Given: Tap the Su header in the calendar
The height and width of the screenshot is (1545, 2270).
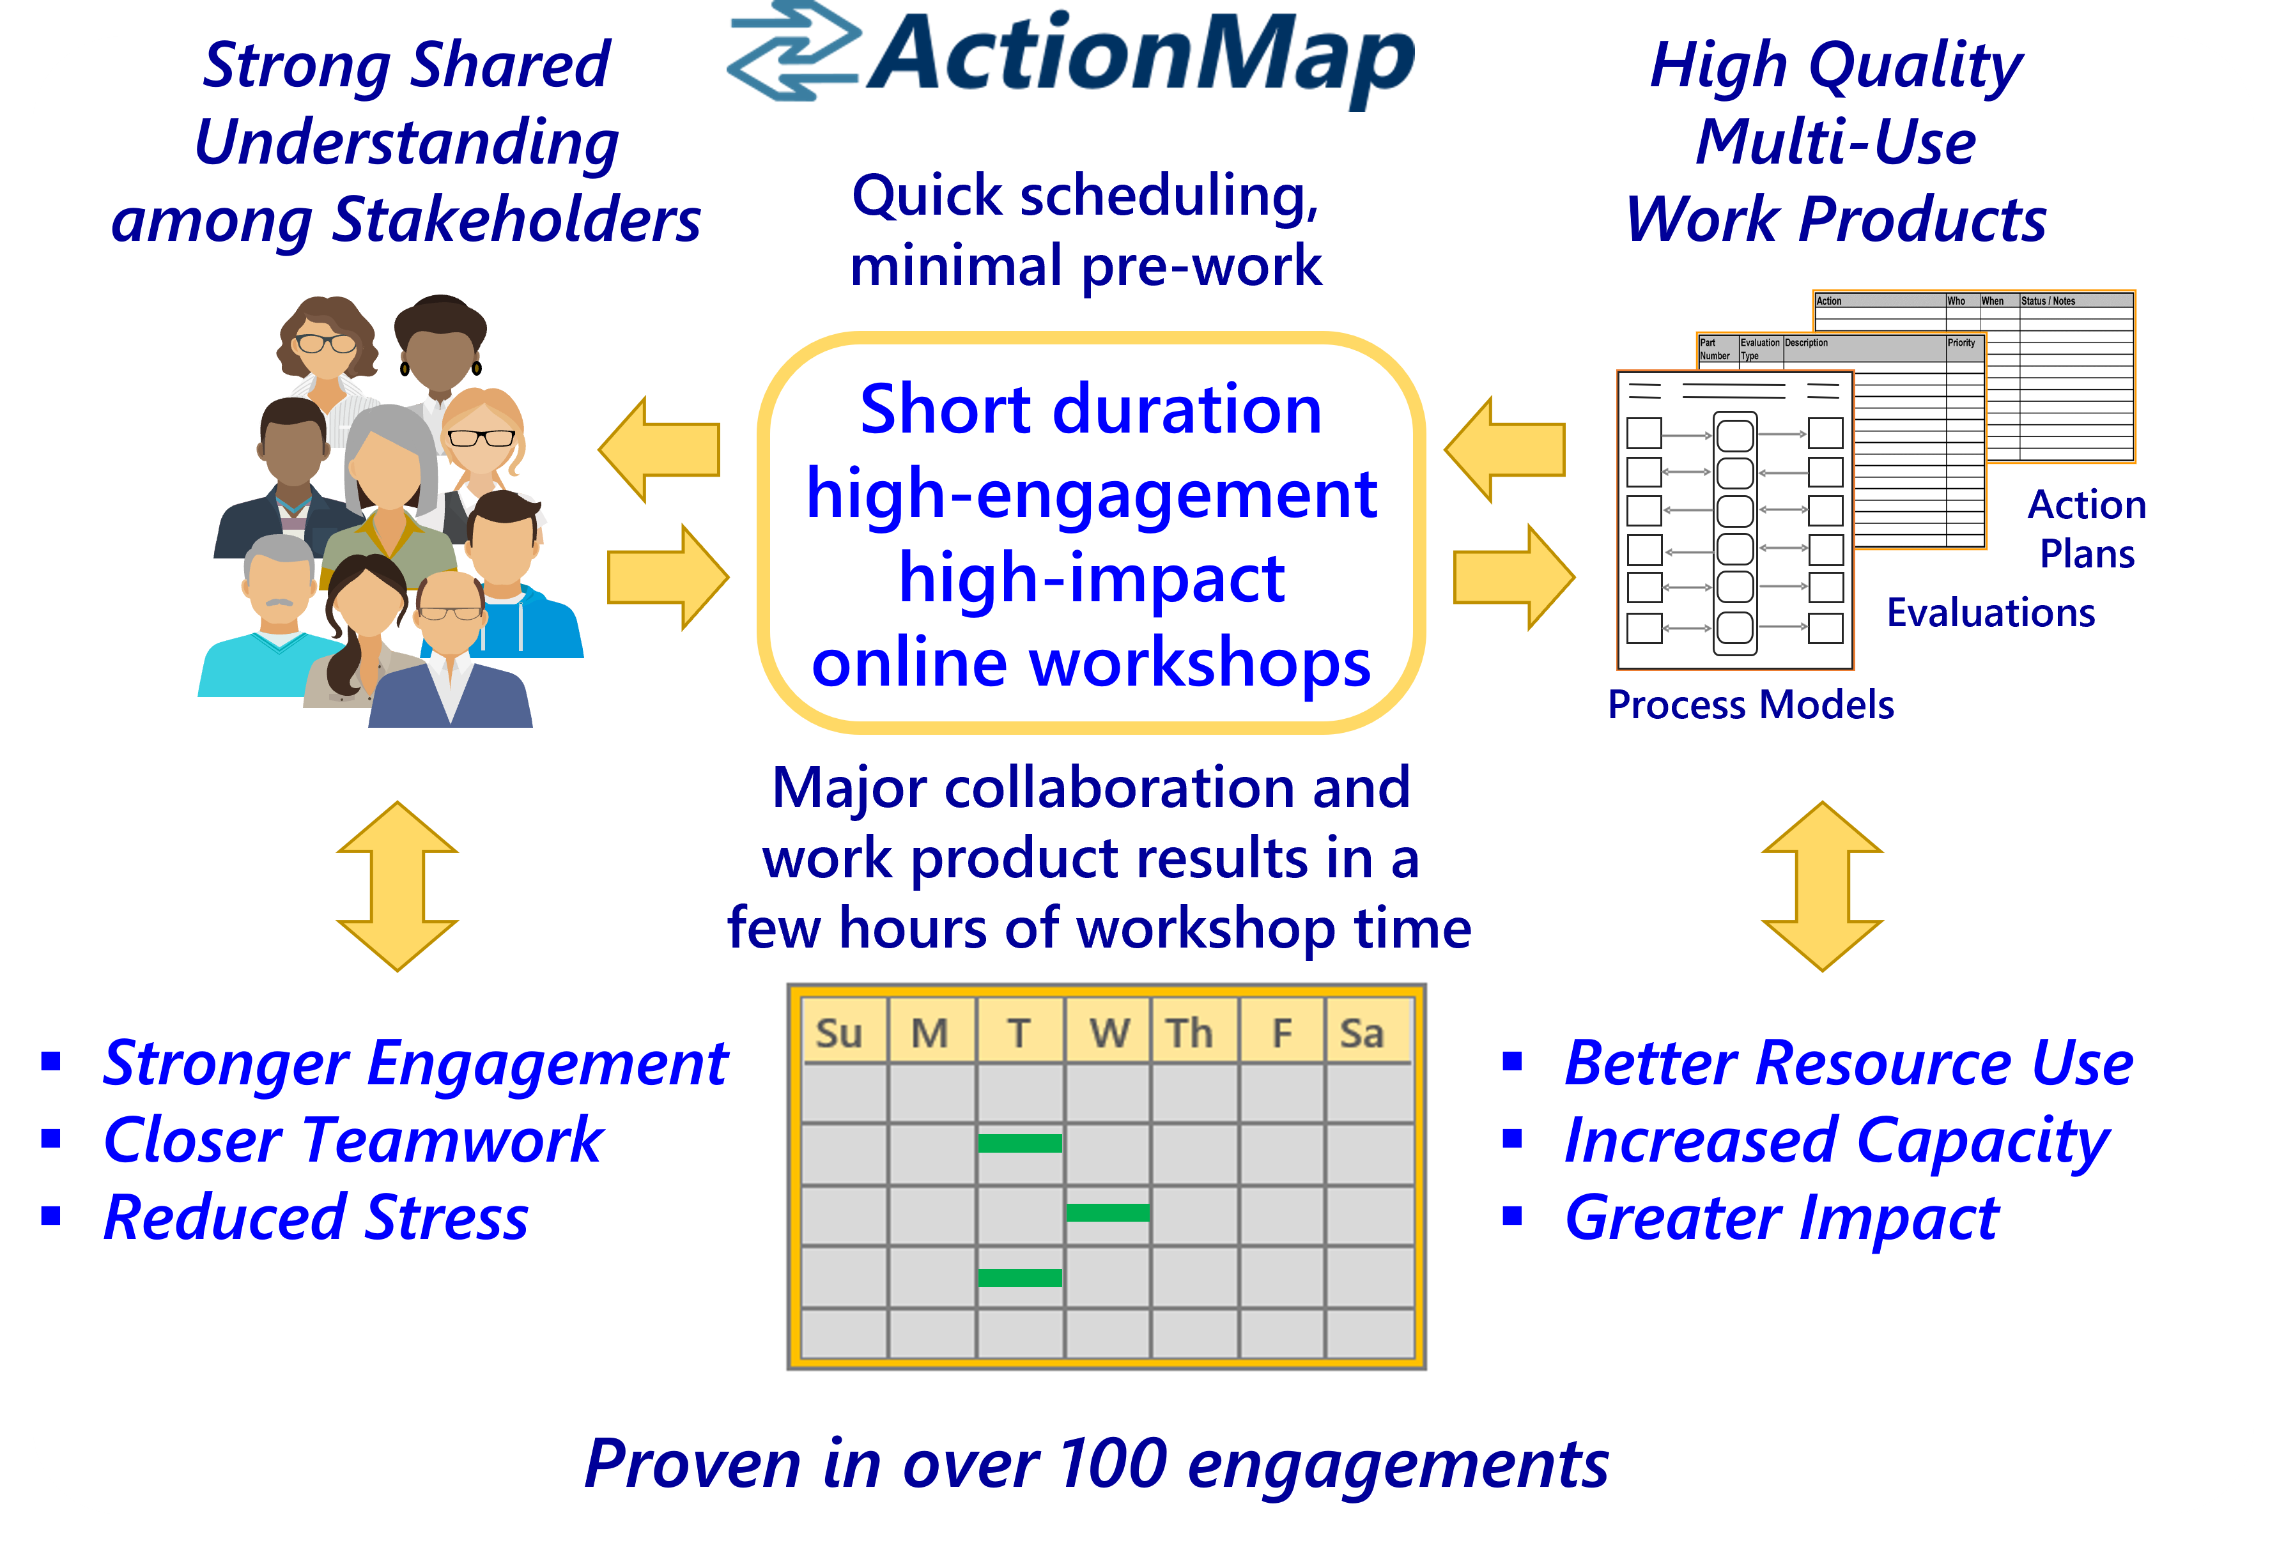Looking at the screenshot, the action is coord(839,1033).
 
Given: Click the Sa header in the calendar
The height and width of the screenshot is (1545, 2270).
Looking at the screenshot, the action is coord(1362,1033).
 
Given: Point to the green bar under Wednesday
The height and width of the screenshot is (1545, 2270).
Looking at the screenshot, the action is coord(1108,1212).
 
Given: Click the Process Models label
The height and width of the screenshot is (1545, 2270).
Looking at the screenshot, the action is coord(1750,704).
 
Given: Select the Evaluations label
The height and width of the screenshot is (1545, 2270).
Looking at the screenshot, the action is coord(1991,612).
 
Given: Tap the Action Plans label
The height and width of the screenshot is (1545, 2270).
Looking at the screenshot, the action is coord(2087,528).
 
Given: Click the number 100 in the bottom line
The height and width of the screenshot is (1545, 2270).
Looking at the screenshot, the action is coord(1113,1464).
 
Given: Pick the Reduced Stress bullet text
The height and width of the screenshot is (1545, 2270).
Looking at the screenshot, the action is coord(316,1218).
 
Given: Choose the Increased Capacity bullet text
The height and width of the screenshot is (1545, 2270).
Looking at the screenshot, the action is coord(1836,1141).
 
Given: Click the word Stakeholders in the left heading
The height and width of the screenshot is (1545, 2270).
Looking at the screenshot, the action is coord(517,220).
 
